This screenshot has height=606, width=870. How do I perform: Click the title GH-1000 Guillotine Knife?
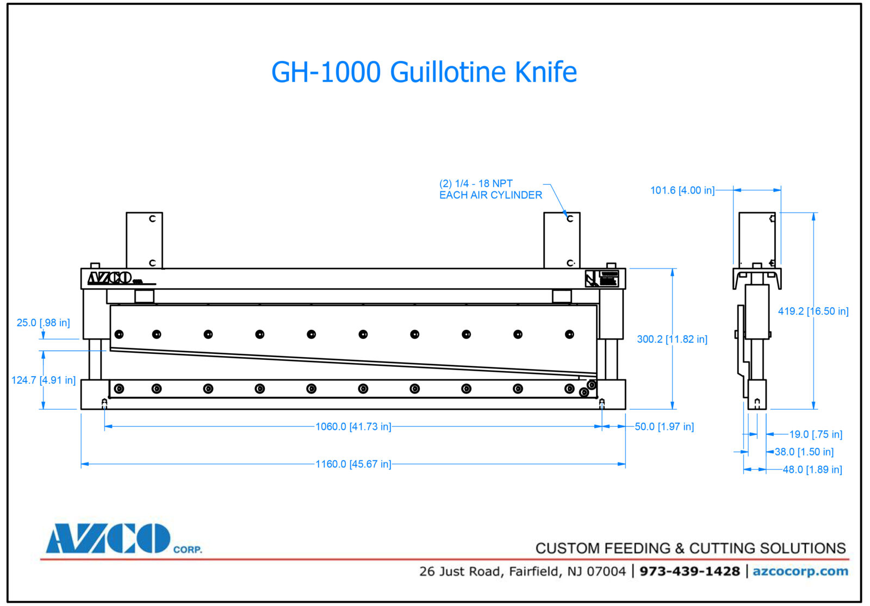pos(424,72)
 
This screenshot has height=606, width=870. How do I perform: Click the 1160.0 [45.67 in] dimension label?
pos(353,464)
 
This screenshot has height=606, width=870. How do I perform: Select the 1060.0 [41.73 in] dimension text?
pos(353,427)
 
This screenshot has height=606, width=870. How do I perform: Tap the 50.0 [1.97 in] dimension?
pos(664,427)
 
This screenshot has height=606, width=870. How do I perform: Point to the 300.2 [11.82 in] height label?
pos(672,339)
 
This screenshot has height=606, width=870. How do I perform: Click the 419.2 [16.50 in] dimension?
pos(813,311)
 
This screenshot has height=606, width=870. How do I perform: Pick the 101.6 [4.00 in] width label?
pos(682,190)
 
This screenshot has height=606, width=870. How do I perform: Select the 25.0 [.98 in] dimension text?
pos(43,323)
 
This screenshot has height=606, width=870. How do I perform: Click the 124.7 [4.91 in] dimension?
pos(43,380)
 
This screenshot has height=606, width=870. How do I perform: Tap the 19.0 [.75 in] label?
pos(816,434)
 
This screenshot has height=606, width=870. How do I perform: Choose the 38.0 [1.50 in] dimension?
pos(804,452)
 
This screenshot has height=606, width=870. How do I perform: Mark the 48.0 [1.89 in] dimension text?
pos(812,470)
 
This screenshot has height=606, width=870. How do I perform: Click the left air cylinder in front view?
pos(144,240)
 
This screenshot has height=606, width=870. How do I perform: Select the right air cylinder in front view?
pos(562,240)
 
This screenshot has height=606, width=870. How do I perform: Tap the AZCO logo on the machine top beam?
pos(110,278)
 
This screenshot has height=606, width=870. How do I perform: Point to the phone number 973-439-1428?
pos(689,571)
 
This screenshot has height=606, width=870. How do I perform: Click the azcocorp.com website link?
pos(800,571)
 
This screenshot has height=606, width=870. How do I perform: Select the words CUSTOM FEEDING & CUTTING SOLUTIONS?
pos(690,548)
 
